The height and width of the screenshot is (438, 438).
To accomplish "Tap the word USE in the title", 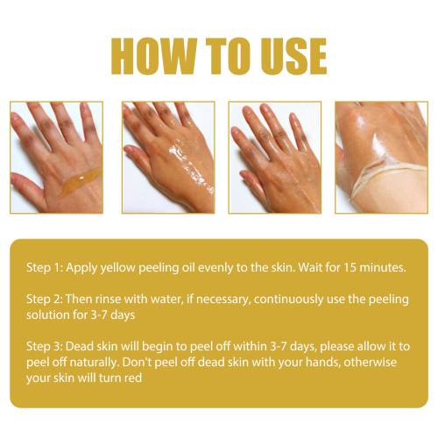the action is (x=293, y=56).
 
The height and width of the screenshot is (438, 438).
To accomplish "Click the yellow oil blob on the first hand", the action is (x=80, y=181).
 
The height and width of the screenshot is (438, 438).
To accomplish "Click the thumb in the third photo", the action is (x=252, y=182).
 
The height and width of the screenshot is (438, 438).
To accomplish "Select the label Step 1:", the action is (x=45, y=267).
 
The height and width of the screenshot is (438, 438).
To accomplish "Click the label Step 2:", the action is (x=45, y=299).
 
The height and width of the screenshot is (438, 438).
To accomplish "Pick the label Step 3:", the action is (x=45, y=346).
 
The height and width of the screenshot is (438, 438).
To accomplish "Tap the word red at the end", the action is (x=133, y=378).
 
